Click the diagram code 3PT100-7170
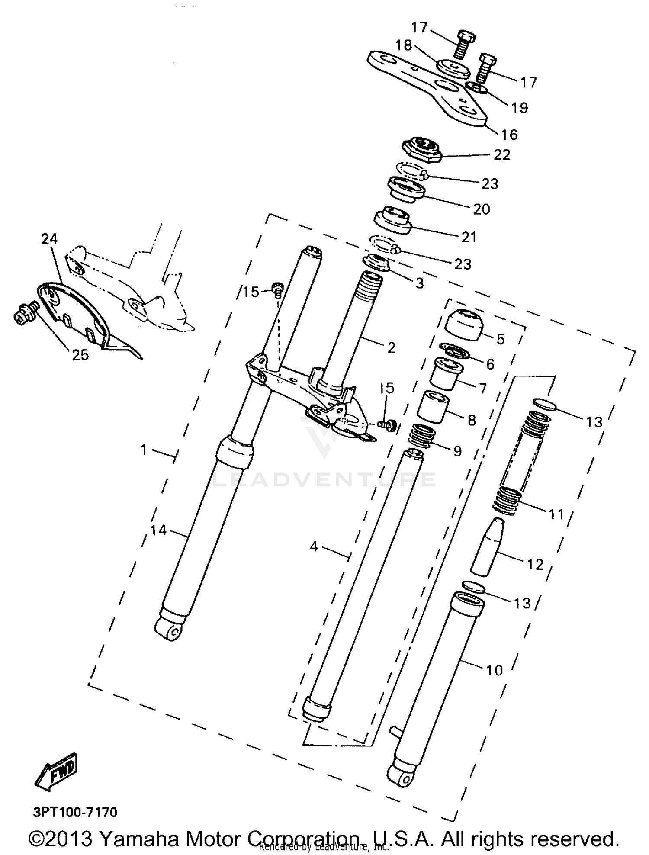pyautogui.click(x=75, y=812)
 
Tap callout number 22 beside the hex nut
pyautogui.click(x=502, y=155)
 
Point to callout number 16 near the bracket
pyautogui.click(x=509, y=135)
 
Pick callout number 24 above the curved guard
pyautogui.click(x=49, y=238)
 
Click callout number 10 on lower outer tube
pyautogui.click(x=495, y=670)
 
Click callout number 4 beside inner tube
pyautogui.click(x=314, y=547)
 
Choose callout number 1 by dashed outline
pyautogui.click(x=144, y=450)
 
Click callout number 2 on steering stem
pyautogui.click(x=391, y=347)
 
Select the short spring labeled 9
pyautogui.click(x=422, y=436)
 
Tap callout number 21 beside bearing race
pyautogui.click(x=469, y=237)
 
